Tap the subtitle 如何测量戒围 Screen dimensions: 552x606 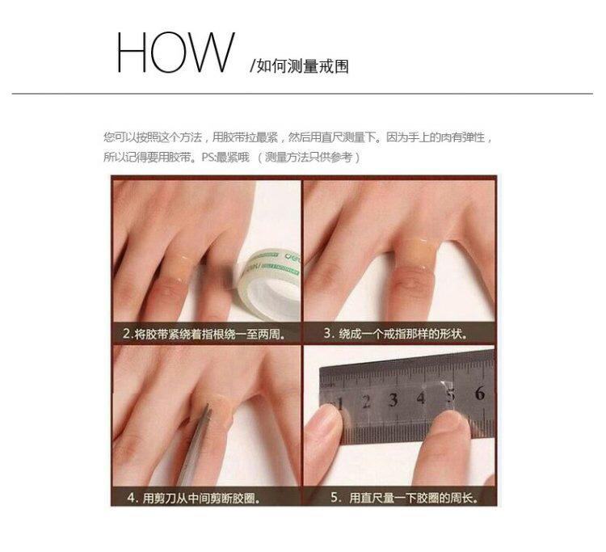(303, 66)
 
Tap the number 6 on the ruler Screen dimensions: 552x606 (479, 394)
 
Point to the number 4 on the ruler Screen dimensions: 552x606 (421, 398)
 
